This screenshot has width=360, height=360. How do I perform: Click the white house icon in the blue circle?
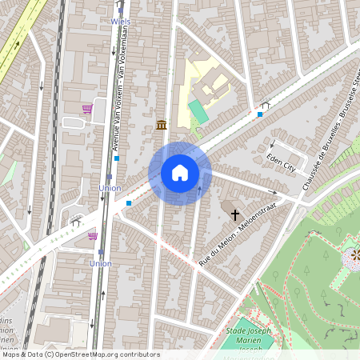[180, 173]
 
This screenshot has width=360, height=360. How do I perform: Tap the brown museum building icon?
[162, 125]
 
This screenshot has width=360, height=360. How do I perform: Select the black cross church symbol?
[235, 214]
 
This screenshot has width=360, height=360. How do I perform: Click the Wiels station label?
[120, 22]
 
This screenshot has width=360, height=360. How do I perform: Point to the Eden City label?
[282, 163]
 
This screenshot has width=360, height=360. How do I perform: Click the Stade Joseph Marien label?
[248, 330]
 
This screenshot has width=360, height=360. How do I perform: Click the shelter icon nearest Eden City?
[266, 105]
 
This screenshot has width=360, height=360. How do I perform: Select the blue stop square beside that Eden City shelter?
[259, 114]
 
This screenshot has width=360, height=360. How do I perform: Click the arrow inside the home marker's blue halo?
[199, 189]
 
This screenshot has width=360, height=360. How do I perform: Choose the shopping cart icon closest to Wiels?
[86, 109]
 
